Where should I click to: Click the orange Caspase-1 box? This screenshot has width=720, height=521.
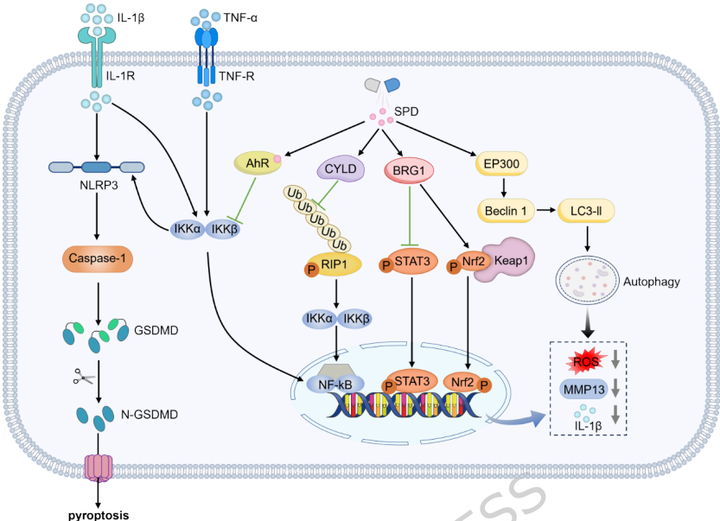point(96,258)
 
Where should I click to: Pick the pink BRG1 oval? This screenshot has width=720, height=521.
point(408,170)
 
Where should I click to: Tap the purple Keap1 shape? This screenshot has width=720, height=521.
point(509,263)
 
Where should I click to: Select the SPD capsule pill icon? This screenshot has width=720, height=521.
point(381,85)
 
